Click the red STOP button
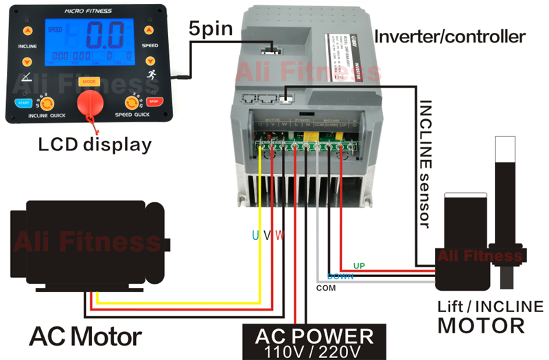[x=152, y=102]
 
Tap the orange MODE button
[x=89, y=82]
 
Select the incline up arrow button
[x=27, y=31]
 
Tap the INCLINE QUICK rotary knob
[x=48, y=104]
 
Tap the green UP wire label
[x=359, y=265]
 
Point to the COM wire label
[x=325, y=288]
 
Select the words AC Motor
[x=85, y=336]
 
